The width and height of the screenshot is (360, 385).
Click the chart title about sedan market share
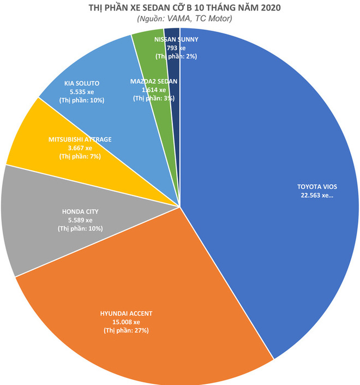(x=180, y=8)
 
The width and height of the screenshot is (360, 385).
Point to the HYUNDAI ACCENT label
(x=127, y=313)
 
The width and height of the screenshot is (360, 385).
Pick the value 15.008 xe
(x=127, y=322)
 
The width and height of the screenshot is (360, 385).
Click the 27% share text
(x=127, y=330)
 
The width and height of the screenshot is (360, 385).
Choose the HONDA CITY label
(x=80, y=211)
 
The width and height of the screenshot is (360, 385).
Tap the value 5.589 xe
(x=80, y=220)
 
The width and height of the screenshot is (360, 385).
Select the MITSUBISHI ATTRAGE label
(x=80, y=139)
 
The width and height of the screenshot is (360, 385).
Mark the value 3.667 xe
(x=80, y=148)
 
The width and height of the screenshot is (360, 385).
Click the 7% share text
(x=80, y=157)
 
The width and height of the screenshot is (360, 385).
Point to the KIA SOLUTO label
(x=81, y=83)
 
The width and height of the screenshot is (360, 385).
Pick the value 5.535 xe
(x=81, y=92)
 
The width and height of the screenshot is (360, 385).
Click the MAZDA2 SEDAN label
(x=153, y=81)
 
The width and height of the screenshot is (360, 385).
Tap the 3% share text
(x=153, y=99)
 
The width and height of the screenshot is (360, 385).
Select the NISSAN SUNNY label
(x=176, y=40)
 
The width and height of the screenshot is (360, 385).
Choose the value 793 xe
(x=176, y=48)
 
